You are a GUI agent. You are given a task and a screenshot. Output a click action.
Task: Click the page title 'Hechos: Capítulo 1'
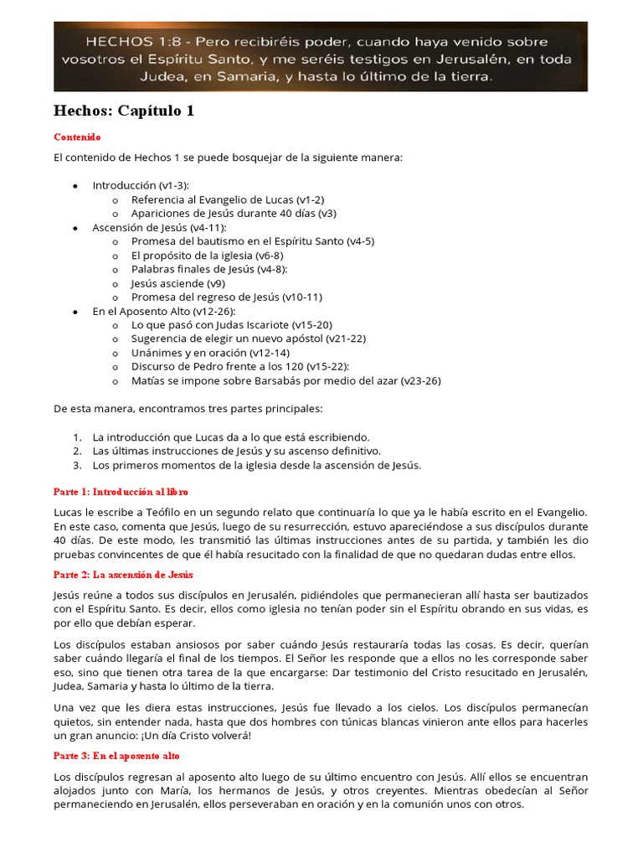[124, 111]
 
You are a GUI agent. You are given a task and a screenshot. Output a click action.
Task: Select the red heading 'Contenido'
[77, 137]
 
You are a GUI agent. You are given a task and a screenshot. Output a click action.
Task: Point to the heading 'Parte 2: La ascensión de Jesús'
[123, 574]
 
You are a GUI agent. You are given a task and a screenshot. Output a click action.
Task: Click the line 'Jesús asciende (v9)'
[177, 283]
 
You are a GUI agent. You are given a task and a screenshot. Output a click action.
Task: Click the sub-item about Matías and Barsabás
[285, 380]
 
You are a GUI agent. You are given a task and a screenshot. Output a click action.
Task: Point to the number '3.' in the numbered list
[77, 465]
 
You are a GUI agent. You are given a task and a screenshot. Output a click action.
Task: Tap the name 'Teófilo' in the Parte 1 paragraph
[143, 511]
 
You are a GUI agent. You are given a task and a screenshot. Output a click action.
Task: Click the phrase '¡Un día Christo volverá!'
[193, 736]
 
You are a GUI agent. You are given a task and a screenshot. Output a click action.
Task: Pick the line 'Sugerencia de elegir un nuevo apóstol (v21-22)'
[248, 339]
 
